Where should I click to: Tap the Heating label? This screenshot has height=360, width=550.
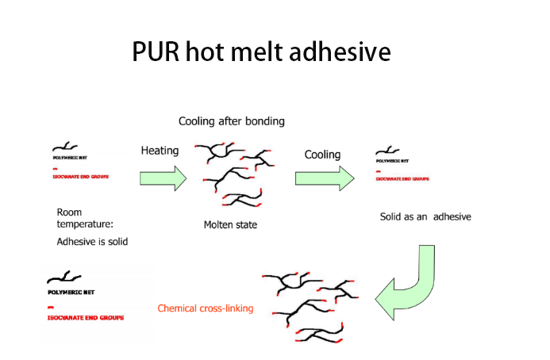point(160,150)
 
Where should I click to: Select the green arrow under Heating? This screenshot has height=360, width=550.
point(163,178)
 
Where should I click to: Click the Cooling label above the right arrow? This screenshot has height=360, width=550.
point(322,155)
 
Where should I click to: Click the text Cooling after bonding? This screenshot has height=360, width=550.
point(231,121)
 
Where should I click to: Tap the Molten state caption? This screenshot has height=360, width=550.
point(230,225)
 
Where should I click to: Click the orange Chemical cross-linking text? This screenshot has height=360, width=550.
point(206,308)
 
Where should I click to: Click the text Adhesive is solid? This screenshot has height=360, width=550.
point(92,241)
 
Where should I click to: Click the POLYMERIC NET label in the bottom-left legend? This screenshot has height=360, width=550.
point(71,292)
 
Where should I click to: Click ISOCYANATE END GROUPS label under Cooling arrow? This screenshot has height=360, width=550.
point(401,179)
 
